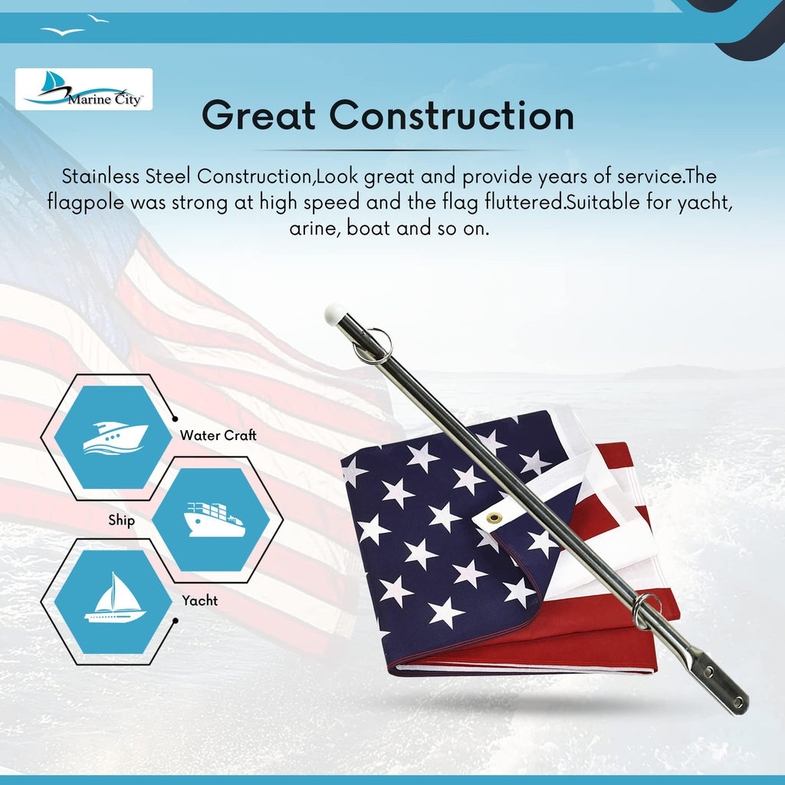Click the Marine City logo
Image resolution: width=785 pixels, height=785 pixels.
point(84,89)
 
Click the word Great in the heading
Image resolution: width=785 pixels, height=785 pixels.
point(259,116)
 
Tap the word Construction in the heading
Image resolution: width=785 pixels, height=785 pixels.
point(452,116)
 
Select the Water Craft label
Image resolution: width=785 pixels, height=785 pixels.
point(218,435)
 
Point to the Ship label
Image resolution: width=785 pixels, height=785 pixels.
point(122,521)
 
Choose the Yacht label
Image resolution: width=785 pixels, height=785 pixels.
point(200,600)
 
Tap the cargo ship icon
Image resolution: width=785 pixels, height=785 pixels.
point(215,520)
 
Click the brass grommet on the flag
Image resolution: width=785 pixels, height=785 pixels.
point(494,517)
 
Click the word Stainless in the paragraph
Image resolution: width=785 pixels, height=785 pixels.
point(100,176)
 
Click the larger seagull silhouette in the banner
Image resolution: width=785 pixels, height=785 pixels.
point(63,31)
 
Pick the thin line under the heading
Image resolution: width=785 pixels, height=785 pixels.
point(389,149)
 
